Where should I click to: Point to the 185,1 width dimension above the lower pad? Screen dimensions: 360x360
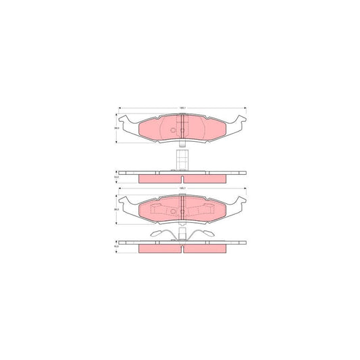point(182,189)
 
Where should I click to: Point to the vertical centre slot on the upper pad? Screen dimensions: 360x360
point(183,128)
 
